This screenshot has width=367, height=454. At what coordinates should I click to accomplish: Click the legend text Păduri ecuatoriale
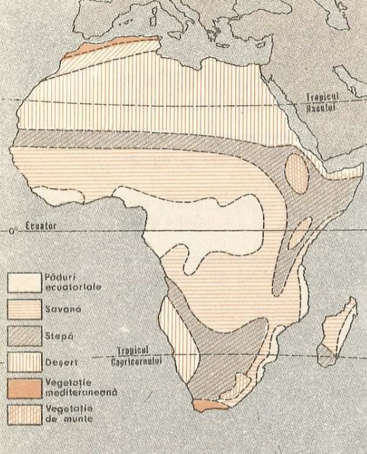(x=73, y=282)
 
